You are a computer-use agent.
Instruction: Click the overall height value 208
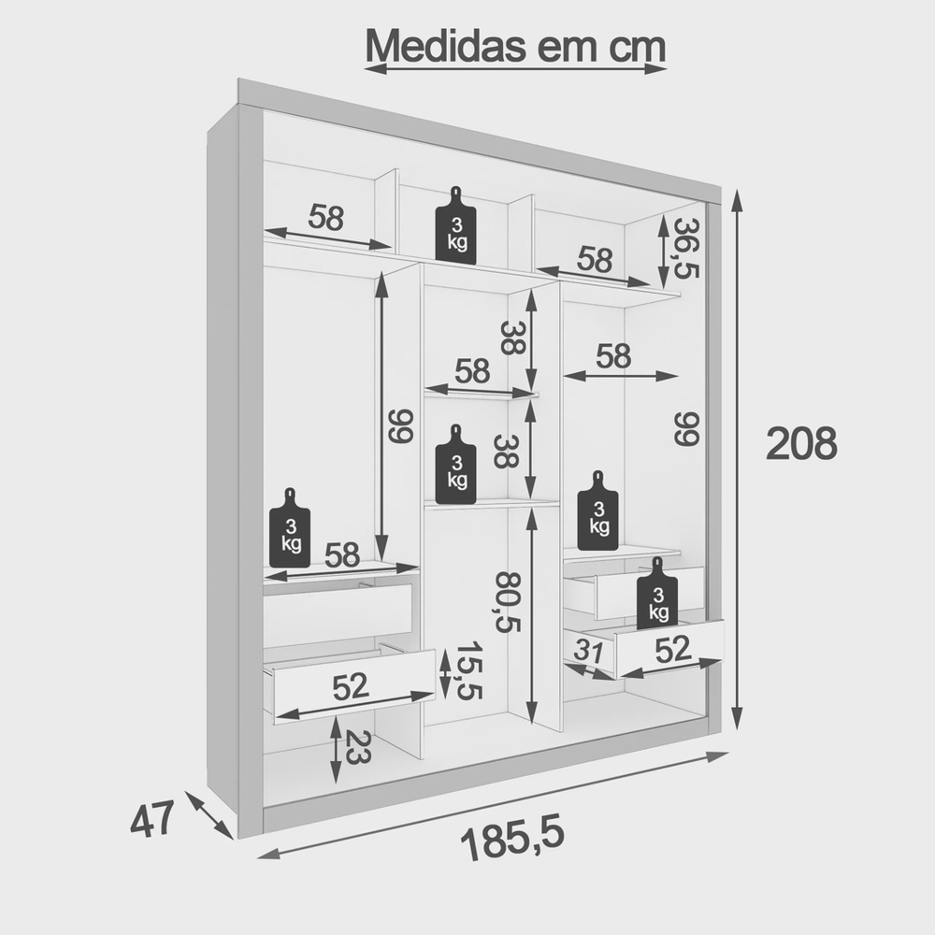[x=801, y=443]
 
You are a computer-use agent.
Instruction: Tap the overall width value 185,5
[x=512, y=841]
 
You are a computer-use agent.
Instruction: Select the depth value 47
[x=152, y=820]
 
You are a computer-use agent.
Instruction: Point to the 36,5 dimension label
[x=686, y=248]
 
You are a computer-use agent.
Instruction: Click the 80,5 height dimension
[x=509, y=602]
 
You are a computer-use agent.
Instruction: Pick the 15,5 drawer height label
[x=468, y=670]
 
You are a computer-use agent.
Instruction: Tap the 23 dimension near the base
[x=358, y=746]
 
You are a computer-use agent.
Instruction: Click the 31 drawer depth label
[x=589, y=651]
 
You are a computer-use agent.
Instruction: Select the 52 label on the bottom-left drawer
[x=351, y=687]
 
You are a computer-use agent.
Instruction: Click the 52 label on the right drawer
[x=672, y=650]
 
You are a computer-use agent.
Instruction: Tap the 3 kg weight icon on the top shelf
[x=456, y=225]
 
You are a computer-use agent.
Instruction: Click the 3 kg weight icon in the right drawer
[x=657, y=594]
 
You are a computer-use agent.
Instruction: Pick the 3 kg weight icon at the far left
[x=290, y=527]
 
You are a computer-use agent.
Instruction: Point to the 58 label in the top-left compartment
[x=326, y=217]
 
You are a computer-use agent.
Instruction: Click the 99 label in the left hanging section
[x=401, y=425]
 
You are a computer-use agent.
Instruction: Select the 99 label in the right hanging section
[x=686, y=428]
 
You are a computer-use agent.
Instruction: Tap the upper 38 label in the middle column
[x=511, y=338]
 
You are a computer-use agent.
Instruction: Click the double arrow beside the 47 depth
[x=209, y=815]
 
